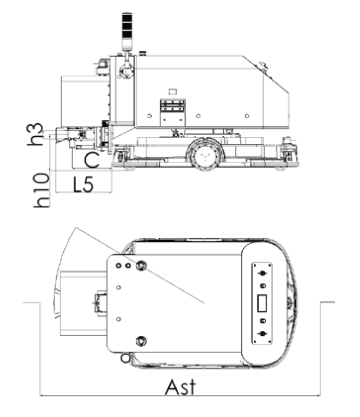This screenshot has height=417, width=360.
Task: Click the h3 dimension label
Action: (x=35, y=134)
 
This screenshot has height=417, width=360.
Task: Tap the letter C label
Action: (x=91, y=160)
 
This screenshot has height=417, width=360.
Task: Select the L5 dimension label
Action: (x=83, y=184)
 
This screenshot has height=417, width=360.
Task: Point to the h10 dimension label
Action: (x=42, y=190)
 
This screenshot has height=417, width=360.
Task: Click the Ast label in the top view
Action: (x=180, y=387)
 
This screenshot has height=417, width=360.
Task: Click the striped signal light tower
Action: (x=127, y=31)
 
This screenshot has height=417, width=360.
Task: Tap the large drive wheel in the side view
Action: (x=205, y=154)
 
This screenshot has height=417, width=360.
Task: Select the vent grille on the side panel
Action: (x=172, y=105)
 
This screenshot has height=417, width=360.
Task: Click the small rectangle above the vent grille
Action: (x=172, y=92)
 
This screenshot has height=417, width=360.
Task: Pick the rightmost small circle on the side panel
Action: (x=246, y=116)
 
